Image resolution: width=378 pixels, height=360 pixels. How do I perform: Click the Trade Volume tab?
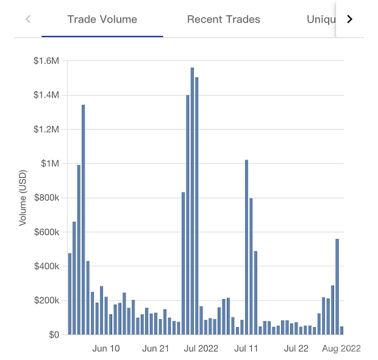pos(102,19)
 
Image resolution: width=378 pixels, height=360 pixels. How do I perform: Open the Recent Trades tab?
pos(223,19)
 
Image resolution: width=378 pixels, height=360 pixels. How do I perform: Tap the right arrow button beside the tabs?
pos(349,19)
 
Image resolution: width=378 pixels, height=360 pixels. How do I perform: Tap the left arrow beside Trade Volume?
pos(28,19)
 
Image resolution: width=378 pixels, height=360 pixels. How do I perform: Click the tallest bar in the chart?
pos(192,201)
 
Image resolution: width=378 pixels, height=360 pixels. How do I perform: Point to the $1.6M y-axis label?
pos(46,61)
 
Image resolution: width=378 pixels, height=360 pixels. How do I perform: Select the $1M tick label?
pos(50,163)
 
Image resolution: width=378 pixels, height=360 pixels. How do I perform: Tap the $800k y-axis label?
pos(46,198)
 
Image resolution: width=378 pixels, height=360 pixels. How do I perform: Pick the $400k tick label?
pos(46,266)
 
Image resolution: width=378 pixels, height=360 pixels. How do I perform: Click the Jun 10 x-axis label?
pos(106,348)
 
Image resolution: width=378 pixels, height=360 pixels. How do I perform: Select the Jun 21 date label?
pos(155,348)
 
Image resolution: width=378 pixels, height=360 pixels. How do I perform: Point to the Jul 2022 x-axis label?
pos(201,348)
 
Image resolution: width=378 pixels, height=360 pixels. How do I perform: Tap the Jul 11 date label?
pos(246,348)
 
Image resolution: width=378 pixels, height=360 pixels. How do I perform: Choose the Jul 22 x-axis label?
pos(296,348)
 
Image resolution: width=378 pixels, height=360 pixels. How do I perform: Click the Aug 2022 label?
pos(341,348)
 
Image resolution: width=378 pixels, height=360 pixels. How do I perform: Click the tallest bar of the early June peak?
pos(84,219)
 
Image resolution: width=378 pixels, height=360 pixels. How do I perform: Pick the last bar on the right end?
pos(341,330)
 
